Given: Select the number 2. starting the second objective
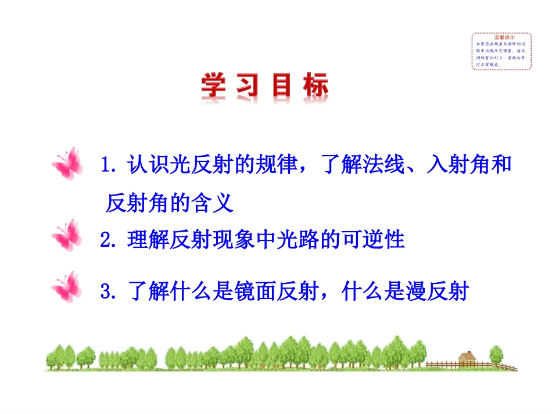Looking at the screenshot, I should coord(110,240).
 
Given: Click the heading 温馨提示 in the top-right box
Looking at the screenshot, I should coord(501,38).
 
